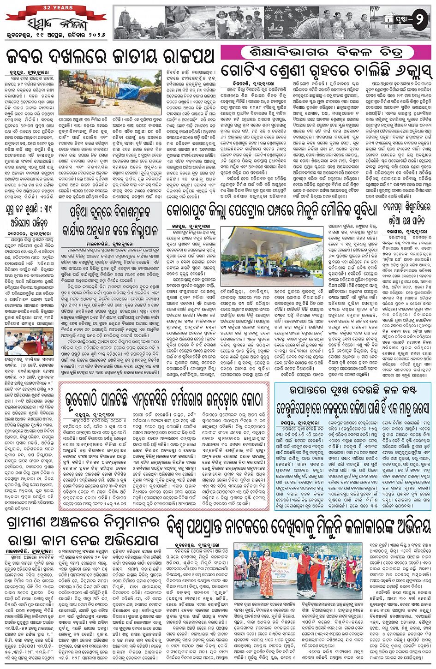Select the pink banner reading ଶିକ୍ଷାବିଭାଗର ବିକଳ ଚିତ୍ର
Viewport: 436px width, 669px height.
311,52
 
